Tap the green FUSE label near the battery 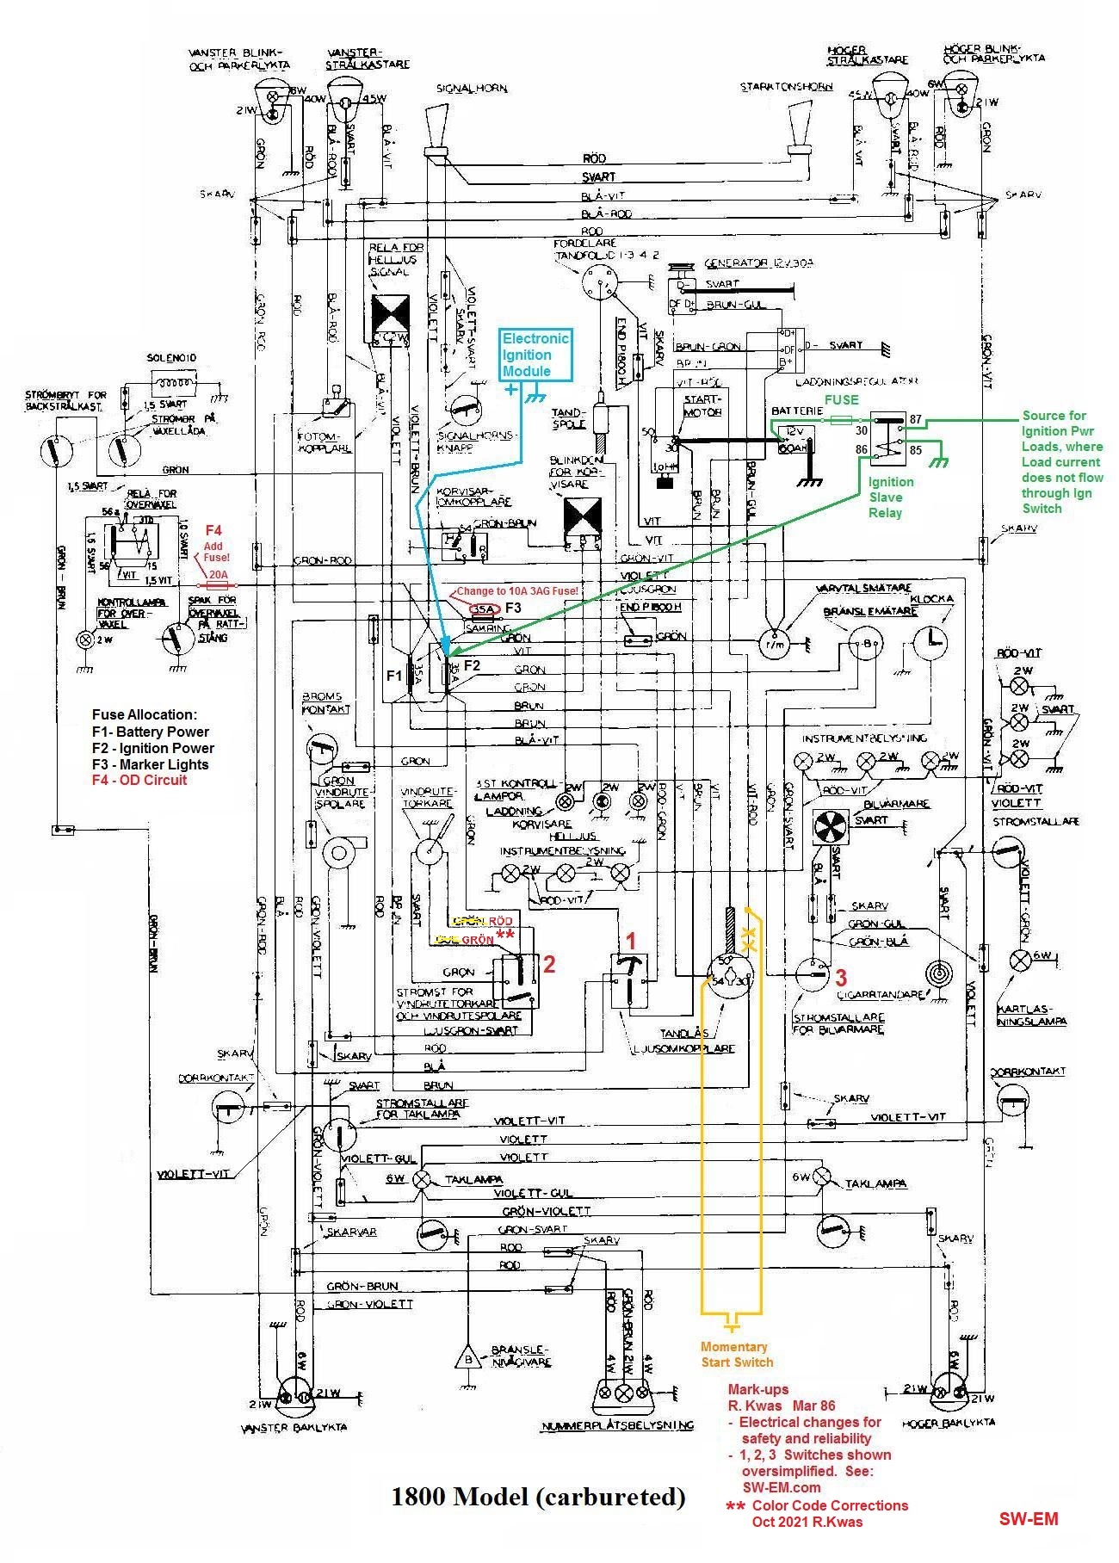(841, 399)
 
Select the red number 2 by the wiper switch (548, 965)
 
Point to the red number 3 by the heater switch (841, 977)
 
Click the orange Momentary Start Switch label (736, 1354)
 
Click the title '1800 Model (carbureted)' (538, 1496)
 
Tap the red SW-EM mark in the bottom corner (1029, 1518)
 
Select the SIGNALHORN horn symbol (437, 129)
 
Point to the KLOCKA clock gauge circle (930, 642)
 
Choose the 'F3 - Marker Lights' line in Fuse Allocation (151, 764)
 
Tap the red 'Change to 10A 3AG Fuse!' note (516, 591)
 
